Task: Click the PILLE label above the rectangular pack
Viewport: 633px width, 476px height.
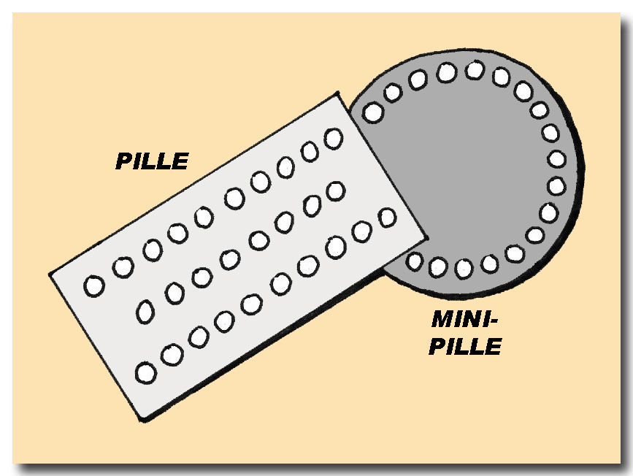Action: (x=151, y=161)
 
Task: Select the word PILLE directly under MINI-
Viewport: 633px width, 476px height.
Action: (x=464, y=346)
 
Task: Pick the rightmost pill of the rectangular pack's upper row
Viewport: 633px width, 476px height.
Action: (x=334, y=137)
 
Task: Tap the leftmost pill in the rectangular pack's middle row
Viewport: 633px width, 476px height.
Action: (x=146, y=312)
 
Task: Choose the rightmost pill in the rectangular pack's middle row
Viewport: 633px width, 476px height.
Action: (x=335, y=191)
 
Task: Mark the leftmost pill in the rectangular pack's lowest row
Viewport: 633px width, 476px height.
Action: (x=146, y=373)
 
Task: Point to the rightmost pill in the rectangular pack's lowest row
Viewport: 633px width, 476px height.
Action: (x=387, y=217)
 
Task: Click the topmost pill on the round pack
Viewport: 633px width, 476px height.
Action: (x=475, y=70)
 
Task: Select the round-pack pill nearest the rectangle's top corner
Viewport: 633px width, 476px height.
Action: (x=373, y=112)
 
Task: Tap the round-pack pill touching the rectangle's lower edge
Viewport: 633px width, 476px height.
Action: (x=415, y=261)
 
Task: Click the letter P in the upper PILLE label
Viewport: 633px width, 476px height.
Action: (x=124, y=161)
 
